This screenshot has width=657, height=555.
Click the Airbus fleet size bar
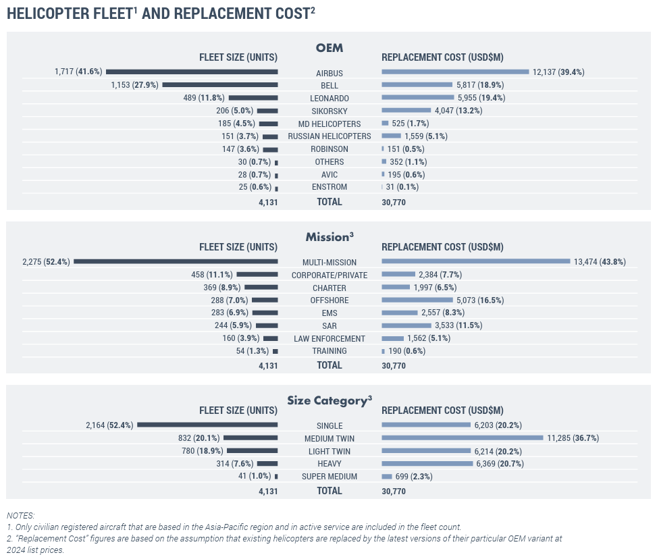pos(192,72)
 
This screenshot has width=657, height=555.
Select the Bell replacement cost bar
pos(417,84)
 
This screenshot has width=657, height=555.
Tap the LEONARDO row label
pos(329,98)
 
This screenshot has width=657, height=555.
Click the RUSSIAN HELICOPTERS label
pos(329,136)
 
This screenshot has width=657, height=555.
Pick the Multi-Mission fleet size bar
pos(176,261)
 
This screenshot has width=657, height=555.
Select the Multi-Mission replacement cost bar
pos(476,261)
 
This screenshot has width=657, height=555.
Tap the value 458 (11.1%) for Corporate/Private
pos(212,275)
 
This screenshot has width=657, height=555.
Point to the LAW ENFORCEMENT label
pos(329,338)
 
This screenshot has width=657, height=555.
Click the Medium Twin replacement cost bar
pos(463,438)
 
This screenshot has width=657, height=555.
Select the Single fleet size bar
pos(207,425)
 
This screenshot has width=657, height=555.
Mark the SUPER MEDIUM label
pos(329,477)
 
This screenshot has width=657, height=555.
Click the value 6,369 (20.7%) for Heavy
pos(500,464)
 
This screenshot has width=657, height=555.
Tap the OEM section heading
pos(329,48)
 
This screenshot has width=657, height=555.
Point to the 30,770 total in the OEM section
pos(394,202)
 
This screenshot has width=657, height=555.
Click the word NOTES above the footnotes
pos(20,515)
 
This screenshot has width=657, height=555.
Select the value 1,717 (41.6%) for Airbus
pos(78,72)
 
